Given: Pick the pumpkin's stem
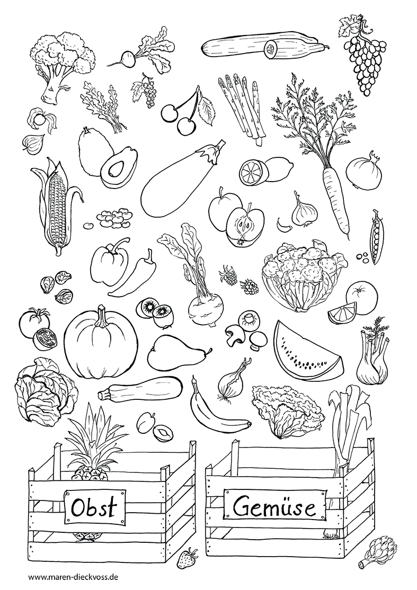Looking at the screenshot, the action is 102,318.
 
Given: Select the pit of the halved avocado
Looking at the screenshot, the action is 116,169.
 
